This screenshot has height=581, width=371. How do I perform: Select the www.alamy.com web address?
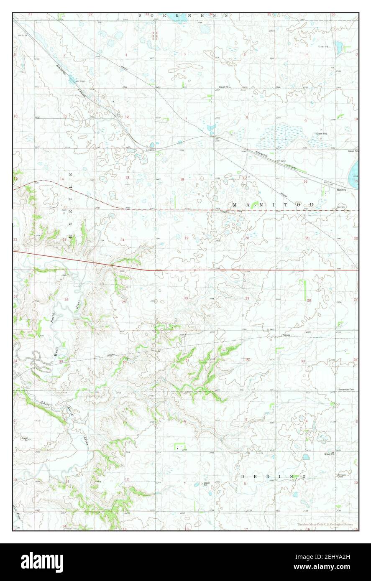[328, 567]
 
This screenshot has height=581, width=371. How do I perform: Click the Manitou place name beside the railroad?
[341, 189]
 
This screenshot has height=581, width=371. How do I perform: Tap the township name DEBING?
[274, 477]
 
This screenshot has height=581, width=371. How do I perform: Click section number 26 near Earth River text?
[66, 300]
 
